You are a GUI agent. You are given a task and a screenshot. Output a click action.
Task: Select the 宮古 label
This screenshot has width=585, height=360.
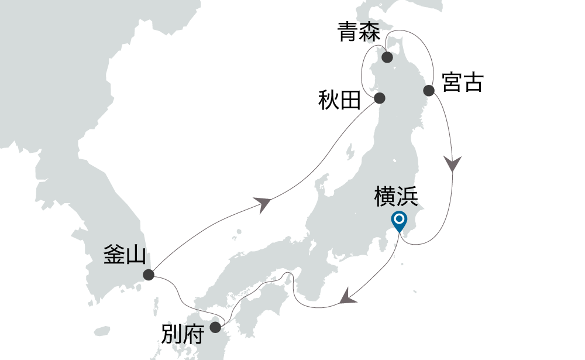463,83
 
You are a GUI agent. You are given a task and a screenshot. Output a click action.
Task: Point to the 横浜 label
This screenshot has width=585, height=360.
396,197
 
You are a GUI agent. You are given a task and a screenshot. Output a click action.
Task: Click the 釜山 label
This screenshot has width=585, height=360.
125,255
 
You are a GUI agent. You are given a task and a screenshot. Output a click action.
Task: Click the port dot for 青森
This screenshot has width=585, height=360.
387,57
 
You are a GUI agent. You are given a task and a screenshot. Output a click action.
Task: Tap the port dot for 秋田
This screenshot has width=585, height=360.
379,98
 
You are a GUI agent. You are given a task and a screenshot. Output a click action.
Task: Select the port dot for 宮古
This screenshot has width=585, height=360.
429,90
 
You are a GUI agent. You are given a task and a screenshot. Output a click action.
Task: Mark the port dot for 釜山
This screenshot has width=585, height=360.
149,274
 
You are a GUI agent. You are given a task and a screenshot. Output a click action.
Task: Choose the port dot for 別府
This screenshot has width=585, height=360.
216,327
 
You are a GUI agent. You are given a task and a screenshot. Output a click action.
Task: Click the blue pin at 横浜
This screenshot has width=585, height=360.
400,222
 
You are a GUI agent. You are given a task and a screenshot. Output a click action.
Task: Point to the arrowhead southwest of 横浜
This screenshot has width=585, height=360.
348,296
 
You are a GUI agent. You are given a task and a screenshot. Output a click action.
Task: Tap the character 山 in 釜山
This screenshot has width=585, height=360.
135,255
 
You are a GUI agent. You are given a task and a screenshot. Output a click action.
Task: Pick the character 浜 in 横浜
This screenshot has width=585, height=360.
407,197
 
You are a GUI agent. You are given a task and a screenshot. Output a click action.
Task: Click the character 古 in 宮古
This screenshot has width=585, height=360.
473,83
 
